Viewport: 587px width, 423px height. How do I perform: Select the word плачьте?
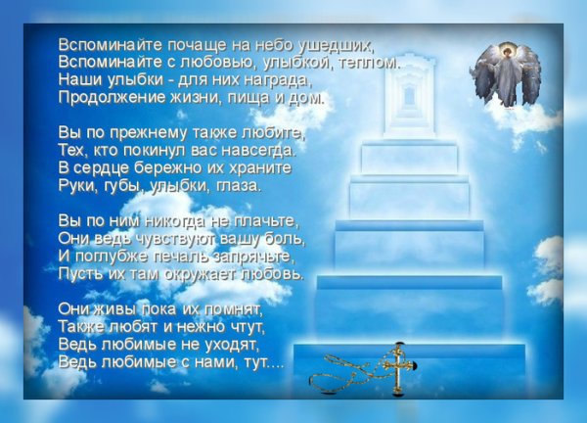coord(267,220)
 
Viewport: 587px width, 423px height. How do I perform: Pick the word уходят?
coord(229,344)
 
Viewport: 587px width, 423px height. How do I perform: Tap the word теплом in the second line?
coord(371,62)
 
